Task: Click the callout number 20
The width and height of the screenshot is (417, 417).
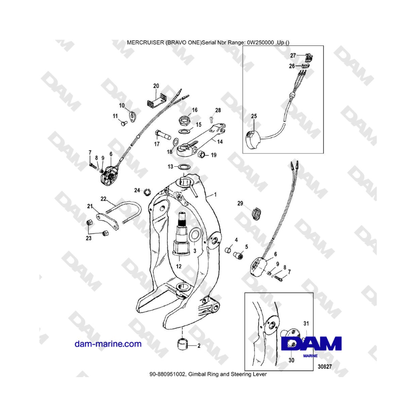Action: coord(156,86)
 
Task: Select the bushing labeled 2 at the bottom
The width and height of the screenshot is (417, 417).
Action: coord(182,345)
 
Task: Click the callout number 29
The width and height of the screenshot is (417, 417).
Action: coord(240,203)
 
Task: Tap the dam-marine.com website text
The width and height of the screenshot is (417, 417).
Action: coord(108,344)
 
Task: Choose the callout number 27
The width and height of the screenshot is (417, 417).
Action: coord(293,56)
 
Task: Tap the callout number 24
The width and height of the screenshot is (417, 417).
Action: coord(137,190)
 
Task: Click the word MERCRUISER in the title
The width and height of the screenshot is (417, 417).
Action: coord(145,42)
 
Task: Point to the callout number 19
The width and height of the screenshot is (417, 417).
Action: coord(214,156)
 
